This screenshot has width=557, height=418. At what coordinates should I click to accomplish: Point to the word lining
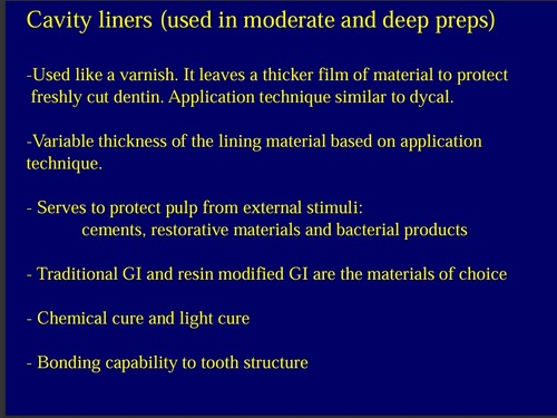click(x=240, y=142)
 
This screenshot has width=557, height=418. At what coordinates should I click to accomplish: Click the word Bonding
click(x=69, y=363)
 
